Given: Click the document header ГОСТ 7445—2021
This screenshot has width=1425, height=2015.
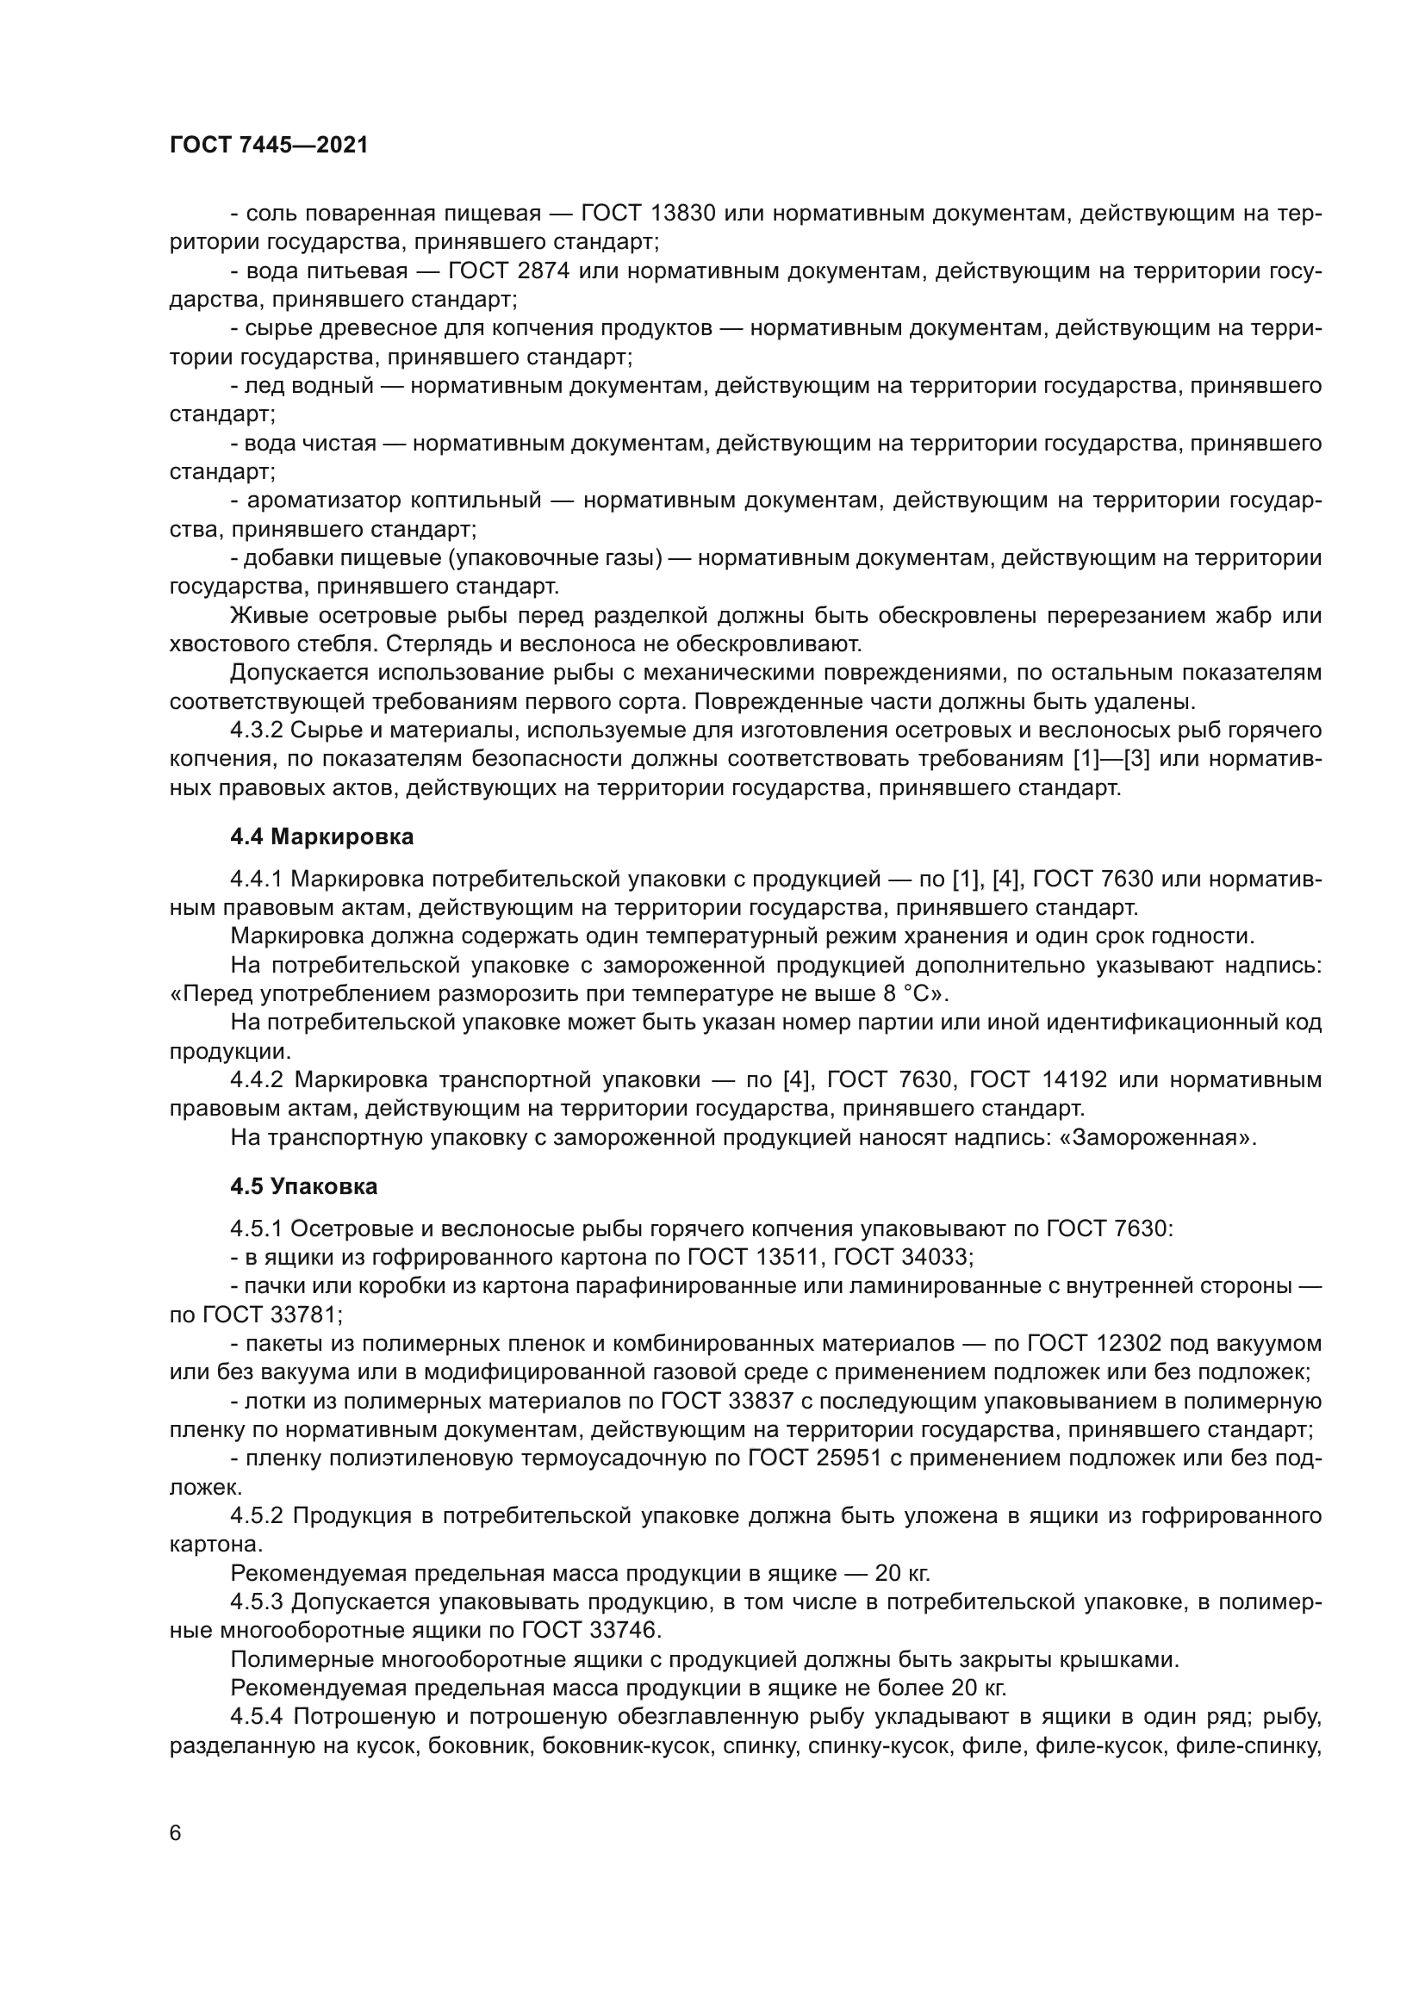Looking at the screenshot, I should (269, 146).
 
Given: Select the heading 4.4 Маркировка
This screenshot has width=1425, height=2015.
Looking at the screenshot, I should (322, 836).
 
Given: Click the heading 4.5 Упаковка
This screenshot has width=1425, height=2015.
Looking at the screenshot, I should (303, 1186).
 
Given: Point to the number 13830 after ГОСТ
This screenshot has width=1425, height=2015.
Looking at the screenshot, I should (683, 214).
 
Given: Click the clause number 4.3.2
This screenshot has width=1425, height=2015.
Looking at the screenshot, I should (256, 731).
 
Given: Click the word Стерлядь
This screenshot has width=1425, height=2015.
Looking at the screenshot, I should (435, 644).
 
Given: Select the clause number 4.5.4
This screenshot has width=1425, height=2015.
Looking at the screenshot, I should (256, 1716).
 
